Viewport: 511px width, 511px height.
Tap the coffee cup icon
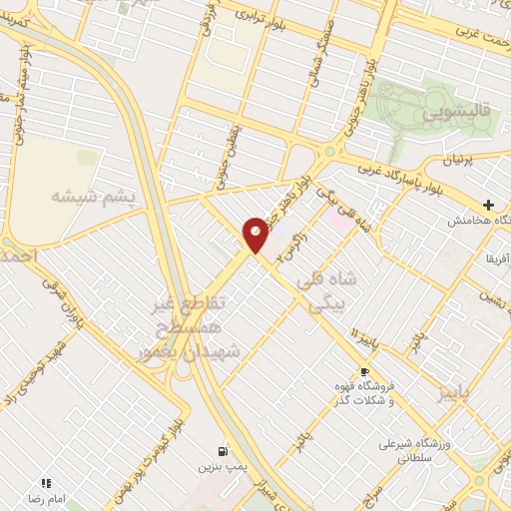click(363, 371)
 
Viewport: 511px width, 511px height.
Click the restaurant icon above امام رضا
click(46, 482)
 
